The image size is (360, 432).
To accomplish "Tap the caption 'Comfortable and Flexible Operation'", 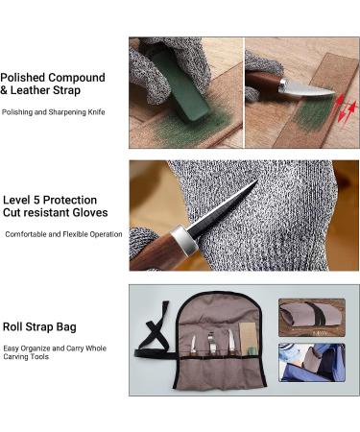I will click(64, 234).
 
